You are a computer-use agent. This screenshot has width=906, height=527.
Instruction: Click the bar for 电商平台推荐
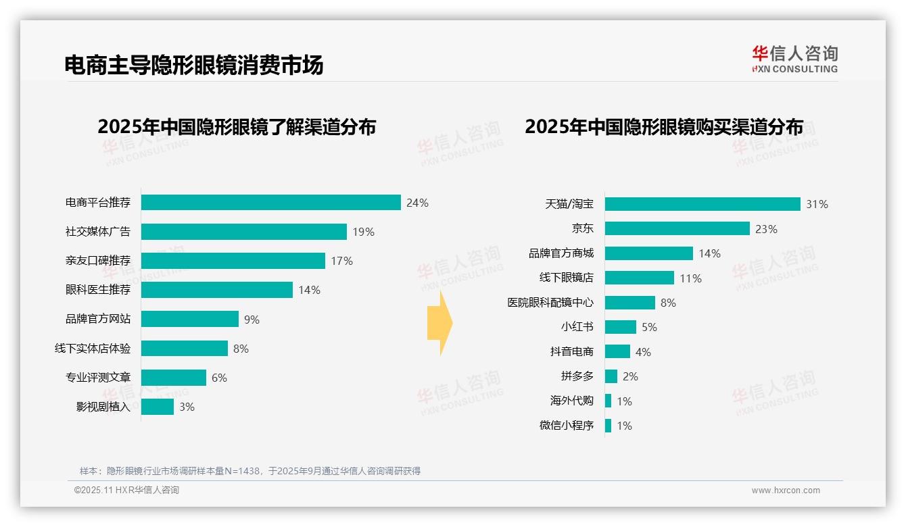point(270,203)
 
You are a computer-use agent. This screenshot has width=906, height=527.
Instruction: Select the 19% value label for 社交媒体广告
point(363,232)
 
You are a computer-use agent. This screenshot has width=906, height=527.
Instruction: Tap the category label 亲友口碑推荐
point(97,261)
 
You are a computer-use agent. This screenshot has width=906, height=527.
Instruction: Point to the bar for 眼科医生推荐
point(216,290)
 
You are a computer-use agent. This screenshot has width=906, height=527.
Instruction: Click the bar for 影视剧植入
point(157,407)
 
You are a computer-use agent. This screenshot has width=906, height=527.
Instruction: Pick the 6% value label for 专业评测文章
point(219,378)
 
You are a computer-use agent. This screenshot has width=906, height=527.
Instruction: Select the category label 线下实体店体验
point(93,349)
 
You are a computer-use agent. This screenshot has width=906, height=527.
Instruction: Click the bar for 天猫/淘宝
point(702,204)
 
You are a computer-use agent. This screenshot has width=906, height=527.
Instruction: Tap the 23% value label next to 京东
point(766,229)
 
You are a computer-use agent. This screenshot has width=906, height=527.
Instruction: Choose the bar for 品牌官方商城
point(648,253)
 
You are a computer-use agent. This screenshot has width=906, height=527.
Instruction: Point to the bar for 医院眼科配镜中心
point(629,303)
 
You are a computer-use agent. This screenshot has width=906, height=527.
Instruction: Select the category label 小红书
point(577,327)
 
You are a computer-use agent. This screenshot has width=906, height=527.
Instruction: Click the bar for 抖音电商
point(617,352)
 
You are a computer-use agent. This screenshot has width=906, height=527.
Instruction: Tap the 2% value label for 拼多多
point(630,376)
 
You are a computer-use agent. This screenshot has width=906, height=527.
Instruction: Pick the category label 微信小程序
point(566,426)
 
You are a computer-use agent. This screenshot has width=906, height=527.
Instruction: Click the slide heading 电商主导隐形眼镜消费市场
point(193,65)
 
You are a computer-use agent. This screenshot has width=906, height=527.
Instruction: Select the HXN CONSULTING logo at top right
point(794,59)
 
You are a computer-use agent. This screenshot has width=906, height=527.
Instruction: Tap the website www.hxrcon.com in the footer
point(785,491)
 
